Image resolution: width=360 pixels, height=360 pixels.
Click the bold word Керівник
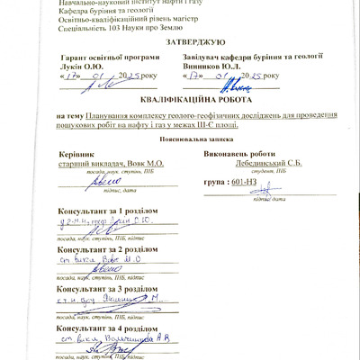click(73, 154)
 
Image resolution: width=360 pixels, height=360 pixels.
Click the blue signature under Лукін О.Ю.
click(103, 85)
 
